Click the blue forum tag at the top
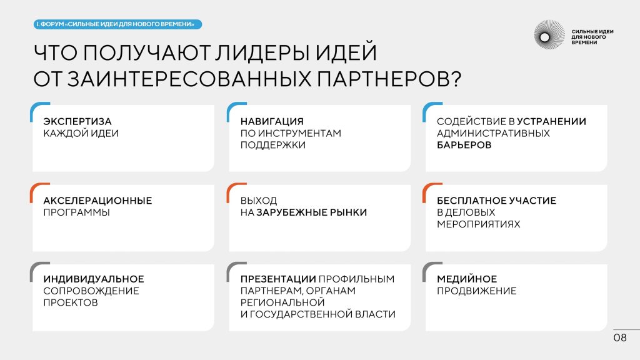117,24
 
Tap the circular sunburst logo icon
549,35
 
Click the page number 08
620,337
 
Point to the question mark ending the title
456,79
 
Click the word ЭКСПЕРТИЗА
77,122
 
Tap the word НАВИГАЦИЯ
272,122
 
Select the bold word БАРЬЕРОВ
464,145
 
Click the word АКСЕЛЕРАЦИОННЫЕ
97,201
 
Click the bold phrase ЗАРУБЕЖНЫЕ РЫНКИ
312,212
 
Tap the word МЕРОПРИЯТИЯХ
478,224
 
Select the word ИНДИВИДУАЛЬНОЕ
94,279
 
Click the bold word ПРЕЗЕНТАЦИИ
278,279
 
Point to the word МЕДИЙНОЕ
467,279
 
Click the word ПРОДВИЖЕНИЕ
477,291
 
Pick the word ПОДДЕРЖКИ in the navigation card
273,145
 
